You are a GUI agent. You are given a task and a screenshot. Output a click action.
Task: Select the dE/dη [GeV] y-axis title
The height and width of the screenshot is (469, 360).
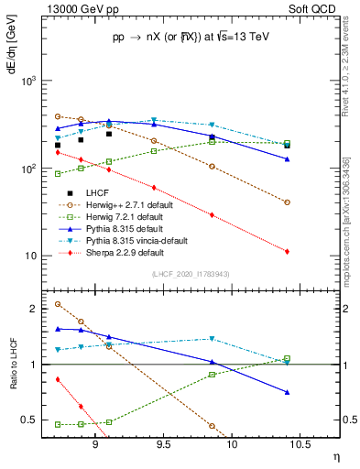(12, 59)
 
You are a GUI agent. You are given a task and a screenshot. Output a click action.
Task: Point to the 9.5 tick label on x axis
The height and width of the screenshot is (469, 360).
(163, 439)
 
